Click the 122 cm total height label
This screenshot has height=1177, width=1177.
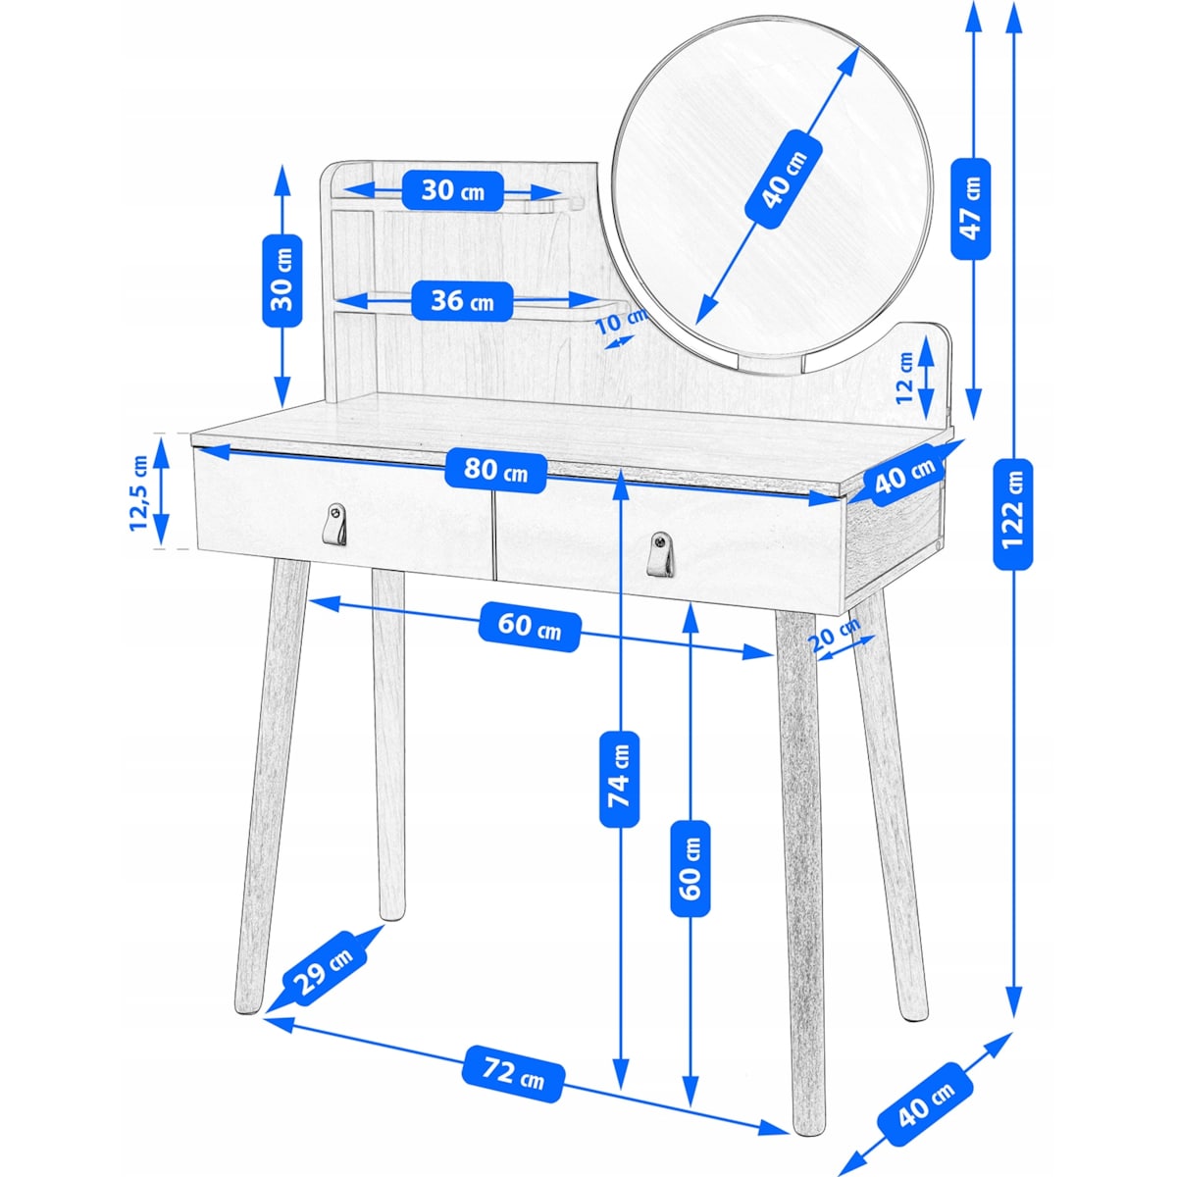pos(1012,514)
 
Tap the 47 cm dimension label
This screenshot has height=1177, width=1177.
pos(971,208)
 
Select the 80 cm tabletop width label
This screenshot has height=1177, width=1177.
pos(495,471)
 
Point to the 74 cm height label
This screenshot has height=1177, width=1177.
pos(619,780)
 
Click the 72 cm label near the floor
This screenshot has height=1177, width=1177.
pos(513,1073)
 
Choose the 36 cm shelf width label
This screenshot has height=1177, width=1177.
pos(462,301)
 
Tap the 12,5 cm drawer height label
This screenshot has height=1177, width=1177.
pos(139,492)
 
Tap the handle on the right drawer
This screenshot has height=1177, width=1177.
pos(662,554)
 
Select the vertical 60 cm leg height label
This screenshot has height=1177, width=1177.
pos(691,868)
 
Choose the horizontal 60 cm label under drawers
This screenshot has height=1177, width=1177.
pos(529,626)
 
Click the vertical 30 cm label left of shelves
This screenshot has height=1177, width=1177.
pos(282,281)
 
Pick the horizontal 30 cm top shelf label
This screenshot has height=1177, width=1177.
pos(452,191)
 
